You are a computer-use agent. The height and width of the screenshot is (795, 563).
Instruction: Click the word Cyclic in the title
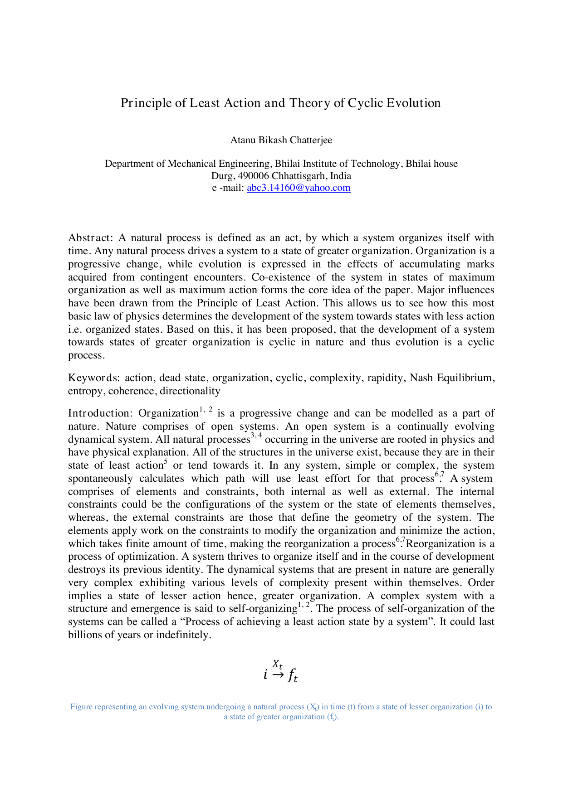[x=366, y=103]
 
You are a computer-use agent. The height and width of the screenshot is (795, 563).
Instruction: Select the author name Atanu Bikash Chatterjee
[x=281, y=140]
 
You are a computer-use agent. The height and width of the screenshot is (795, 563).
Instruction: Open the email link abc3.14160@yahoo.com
[x=299, y=188]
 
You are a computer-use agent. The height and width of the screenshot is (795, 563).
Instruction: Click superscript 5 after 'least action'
[x=166, y=462]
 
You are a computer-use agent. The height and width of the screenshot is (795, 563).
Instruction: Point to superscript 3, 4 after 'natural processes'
[x=256, y=436]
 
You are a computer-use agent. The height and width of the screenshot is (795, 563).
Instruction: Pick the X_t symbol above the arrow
[x=278, y=664]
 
